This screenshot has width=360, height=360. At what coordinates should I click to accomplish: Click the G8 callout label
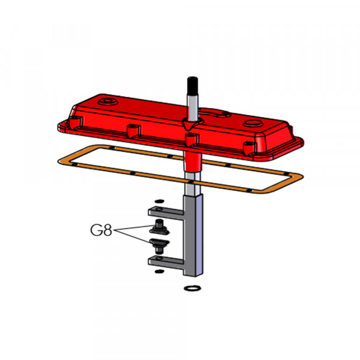pos(101,230)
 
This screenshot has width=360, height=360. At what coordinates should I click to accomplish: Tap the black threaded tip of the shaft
pos(193,86)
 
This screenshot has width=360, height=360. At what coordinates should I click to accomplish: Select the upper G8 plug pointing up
pos(160,227)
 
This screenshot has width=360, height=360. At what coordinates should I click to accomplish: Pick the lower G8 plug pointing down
pos(160,246)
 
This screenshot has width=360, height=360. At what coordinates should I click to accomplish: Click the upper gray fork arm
pos(166,212)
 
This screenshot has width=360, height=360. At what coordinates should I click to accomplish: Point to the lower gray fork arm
pos(166,262)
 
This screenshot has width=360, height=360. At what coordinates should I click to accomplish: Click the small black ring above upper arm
pos(160,201)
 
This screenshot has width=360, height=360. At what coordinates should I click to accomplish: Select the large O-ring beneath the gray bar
pos(193,288)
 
